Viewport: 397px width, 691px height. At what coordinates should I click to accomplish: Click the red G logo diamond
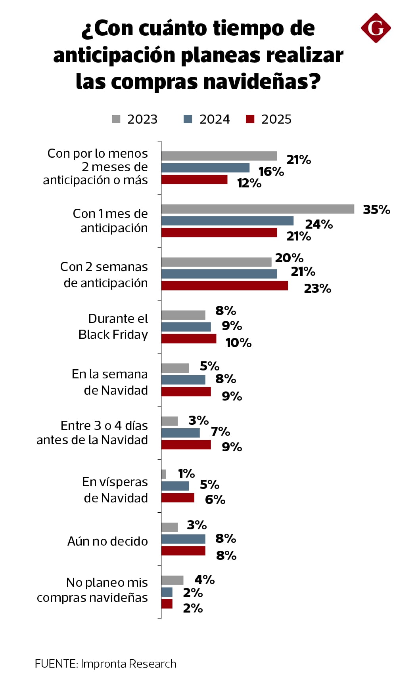(x=376, y=28)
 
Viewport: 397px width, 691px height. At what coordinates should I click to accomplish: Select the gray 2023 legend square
(x=116, y=119)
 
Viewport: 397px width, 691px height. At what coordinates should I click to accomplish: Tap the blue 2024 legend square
(x=188, y=119)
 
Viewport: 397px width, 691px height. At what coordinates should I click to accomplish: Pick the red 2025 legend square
(x=250, y=119)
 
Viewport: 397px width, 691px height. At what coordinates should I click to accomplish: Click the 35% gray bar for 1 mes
(x=258, y=209)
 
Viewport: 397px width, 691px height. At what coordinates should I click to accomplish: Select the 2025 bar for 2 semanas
(x=224, y=285)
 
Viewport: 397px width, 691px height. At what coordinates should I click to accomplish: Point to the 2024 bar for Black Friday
(x=186, y=327)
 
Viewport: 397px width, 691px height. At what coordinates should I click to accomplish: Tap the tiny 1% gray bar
(x=164, y=474)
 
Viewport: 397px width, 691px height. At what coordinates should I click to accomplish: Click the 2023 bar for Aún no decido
(x=169, y=527)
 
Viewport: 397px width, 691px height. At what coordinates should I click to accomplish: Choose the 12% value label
(x=249, y=183)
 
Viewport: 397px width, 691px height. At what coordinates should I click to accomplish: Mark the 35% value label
(x=376, y=209)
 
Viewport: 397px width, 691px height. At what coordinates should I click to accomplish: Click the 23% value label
(x=317, y=288)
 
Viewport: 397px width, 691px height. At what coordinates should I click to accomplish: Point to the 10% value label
(x=238, y=343)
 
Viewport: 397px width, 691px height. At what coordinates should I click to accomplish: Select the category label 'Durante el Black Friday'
(x=113, y=326)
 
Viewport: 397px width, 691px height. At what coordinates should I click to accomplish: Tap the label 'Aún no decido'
(x=107, y=541)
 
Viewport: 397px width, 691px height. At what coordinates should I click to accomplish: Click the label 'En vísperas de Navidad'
(x=115, y=490)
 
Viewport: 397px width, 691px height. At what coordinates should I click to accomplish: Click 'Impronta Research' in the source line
(x=128, y=664)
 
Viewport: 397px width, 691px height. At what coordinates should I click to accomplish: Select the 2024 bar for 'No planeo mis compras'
(x=167, y=592)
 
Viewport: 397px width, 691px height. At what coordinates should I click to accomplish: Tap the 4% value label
(x=204, y=580)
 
